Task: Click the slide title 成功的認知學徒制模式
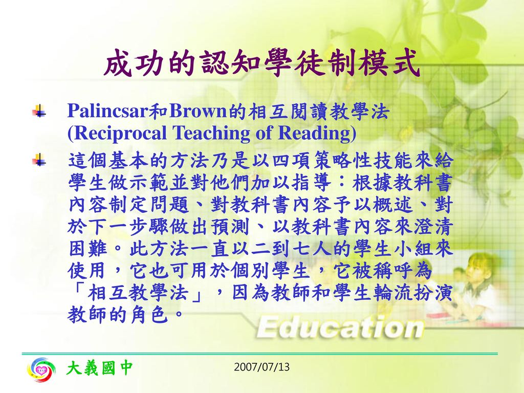261,63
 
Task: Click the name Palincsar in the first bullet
107,111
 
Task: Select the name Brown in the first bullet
198,111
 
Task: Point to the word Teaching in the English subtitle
211,133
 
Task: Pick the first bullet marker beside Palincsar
39,111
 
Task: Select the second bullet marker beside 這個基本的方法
39,160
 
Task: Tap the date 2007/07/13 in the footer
261,367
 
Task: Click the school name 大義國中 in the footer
99,368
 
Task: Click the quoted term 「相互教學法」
138,292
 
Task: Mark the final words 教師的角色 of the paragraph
117,315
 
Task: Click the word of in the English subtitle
264,133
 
